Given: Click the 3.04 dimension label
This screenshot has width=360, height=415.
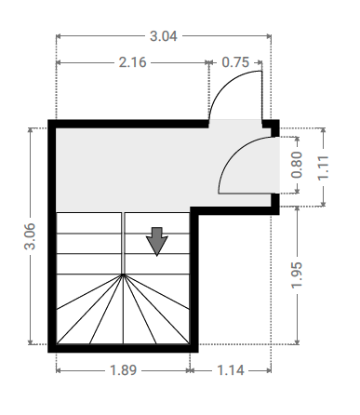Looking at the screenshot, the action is click(164, 36).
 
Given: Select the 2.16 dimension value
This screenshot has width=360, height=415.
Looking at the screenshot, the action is click(132, 62).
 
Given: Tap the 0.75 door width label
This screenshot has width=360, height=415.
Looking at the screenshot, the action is click(235, 62).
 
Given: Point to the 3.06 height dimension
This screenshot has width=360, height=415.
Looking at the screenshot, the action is click(30, 236).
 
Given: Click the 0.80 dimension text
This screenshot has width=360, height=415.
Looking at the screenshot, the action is click(297, 165).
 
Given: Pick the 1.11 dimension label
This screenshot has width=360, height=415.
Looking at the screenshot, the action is click(323, 167).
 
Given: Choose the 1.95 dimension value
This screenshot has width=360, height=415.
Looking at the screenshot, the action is click(297, 275).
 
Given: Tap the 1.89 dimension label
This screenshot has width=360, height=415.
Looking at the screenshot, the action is click(123, 370).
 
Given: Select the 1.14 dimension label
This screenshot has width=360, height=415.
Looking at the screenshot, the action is click(231, 370).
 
